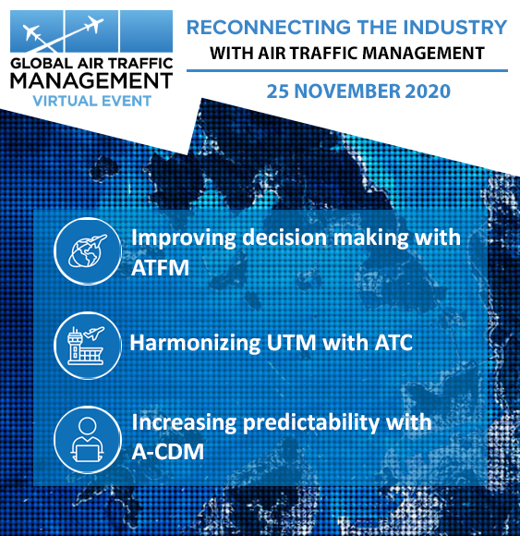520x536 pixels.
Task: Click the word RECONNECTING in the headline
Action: [269, 28]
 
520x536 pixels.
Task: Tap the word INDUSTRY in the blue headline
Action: [455, 28]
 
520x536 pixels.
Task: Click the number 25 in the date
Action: [278, 91]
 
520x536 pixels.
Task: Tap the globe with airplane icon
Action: [88, 251]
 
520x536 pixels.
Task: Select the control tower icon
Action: [88, 346]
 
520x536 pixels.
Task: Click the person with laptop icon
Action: [88, 440]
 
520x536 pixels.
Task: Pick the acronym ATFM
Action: [160, 268]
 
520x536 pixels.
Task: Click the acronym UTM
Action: [292, 343]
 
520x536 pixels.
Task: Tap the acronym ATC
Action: [393, 343]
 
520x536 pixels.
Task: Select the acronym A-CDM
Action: [168, 452]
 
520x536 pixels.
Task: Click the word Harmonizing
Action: [195, 343]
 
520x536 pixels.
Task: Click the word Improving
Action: [184, 238]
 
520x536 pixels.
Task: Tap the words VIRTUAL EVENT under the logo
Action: [92, 101]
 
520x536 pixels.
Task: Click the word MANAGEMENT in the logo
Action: [91, 81]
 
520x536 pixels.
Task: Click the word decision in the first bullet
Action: [284, 237]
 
